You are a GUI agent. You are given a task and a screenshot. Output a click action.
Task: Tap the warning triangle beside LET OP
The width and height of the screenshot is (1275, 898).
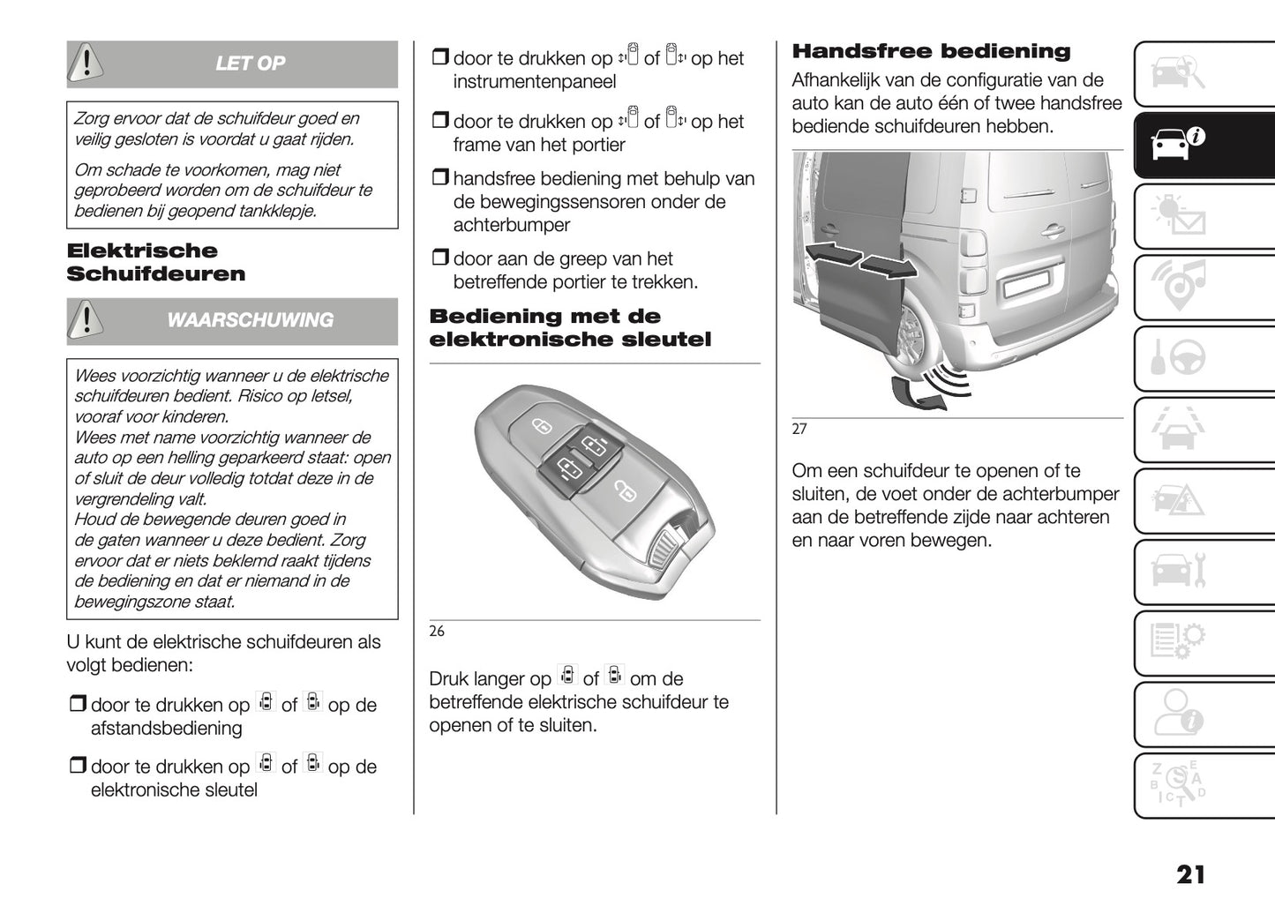(86, 63)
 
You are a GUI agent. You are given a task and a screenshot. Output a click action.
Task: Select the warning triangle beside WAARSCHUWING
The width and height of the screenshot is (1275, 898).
(86, 320)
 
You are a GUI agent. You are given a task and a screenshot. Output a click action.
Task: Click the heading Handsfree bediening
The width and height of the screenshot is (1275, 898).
(931, 51)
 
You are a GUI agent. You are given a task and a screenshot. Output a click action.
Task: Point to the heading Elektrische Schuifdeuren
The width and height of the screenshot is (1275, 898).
(155, 262)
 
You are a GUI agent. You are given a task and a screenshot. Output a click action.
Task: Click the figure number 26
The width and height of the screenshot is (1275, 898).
(437, 631)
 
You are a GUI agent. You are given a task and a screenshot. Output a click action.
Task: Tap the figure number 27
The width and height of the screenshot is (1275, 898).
(799, 429)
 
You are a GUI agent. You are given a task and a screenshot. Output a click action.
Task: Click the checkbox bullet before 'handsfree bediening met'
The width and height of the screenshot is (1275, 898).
(439, 179)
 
